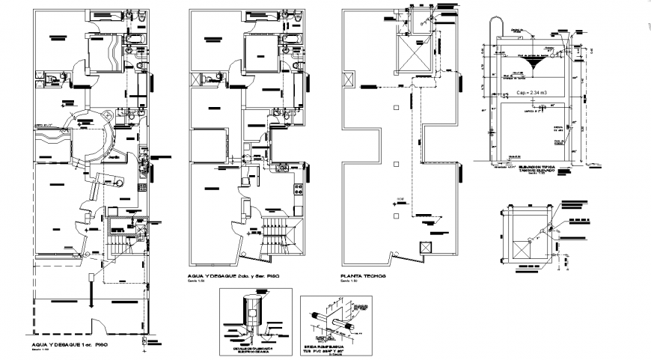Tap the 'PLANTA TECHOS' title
pyautogui.click(x=364, y=276)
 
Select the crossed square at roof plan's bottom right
pyautogui.click(x=427, y=248)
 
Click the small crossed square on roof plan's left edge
pyautogui.click(x=346, y=79)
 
